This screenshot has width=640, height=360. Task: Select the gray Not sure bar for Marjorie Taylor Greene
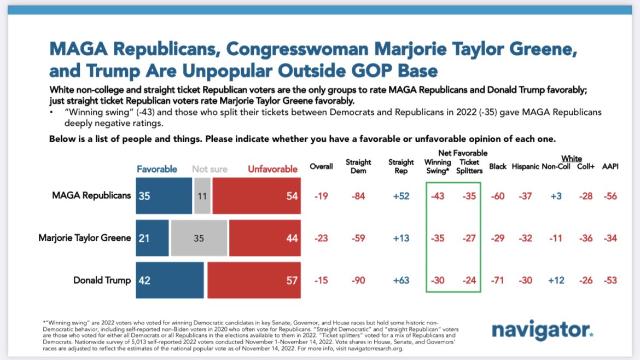199,237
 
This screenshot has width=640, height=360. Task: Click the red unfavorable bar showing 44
265,237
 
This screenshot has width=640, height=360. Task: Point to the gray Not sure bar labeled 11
202,195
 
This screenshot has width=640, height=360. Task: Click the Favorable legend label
156,169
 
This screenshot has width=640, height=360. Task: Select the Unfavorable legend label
272,169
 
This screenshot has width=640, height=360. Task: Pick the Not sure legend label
210,169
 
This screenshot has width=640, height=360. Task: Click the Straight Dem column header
358,166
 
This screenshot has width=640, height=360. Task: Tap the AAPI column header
610,166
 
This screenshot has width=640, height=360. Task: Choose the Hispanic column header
525,166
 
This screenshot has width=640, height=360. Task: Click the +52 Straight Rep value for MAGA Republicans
400,196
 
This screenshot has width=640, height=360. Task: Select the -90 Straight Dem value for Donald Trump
358,281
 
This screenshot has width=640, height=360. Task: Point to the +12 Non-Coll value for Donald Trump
556,281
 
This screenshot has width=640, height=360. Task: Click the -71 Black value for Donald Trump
497,281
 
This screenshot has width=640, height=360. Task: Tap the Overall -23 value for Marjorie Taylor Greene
321,238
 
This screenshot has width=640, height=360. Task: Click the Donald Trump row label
102,280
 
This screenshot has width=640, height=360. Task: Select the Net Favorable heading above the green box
462,153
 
